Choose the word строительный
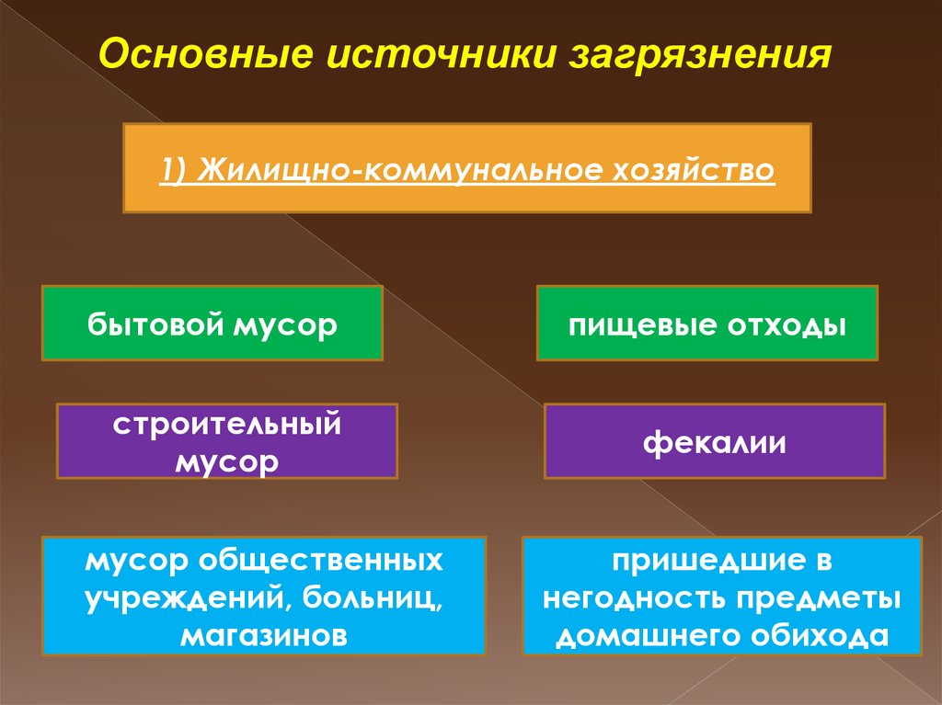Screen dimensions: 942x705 click(227, 426)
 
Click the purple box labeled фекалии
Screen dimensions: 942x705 click(714, 441)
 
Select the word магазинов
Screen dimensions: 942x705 click(264, 636)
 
